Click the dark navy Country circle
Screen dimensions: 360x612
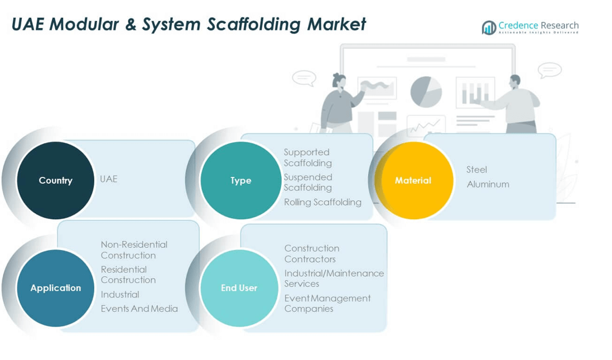(x=55, y=180)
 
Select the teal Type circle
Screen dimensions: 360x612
(x=240, y=180)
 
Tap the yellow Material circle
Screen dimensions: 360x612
(x=413, y=180)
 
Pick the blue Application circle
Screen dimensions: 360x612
(x=55, y=288)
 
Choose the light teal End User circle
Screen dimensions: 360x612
(x=239, y=288)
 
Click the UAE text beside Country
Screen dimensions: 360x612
(x=108, y=179)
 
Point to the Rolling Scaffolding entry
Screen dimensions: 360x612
(x=322, y=202)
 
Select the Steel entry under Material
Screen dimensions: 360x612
(x=476, y=170)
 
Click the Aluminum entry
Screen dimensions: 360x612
(x=488, y=184)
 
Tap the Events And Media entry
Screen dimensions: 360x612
(x=139, y=309)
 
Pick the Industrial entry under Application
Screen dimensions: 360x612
(x=120, y=294)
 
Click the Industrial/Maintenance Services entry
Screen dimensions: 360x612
(x=334, y=278)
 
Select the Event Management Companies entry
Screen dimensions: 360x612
(x=327, y=303)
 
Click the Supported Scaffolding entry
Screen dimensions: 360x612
(x=307, y=157)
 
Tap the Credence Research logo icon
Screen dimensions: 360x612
(x=489, y=27)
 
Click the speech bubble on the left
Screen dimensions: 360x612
(x=304, y=78)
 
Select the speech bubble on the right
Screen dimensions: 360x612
(x=550, y=70)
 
